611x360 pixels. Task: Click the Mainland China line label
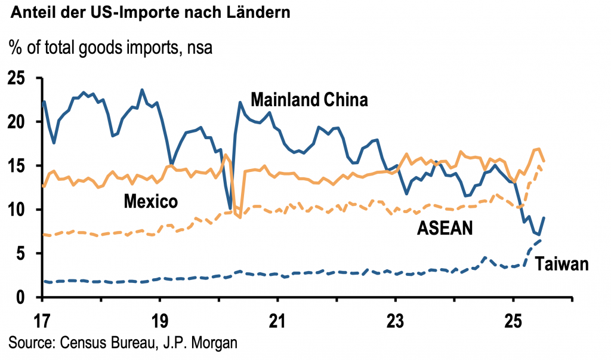click(x=308, y=99)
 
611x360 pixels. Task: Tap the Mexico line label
click(x=150, y=201)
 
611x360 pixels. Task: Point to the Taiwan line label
click(x=561, y=264)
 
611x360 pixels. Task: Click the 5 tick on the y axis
click(x=24, y=253)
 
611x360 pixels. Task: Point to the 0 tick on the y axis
click(x=24, y=297)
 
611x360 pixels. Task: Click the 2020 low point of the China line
click(x=230, y=208)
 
